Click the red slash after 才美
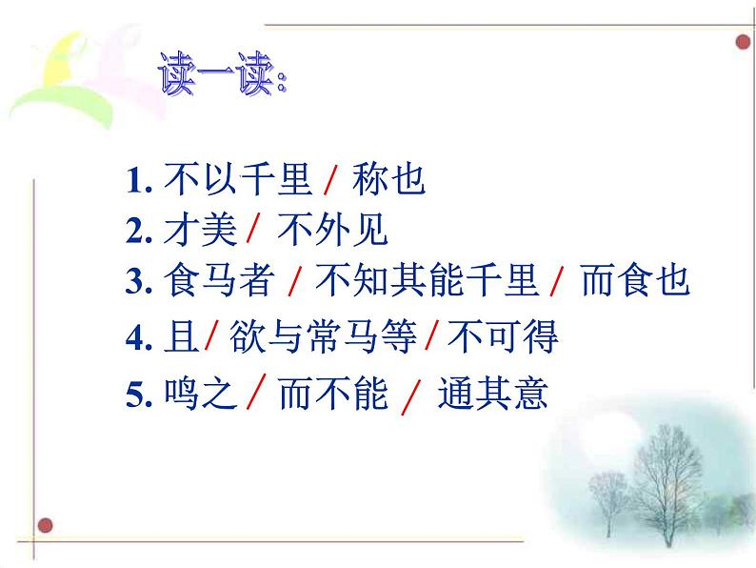click(253, 231)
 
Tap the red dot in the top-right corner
click(743, 41)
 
